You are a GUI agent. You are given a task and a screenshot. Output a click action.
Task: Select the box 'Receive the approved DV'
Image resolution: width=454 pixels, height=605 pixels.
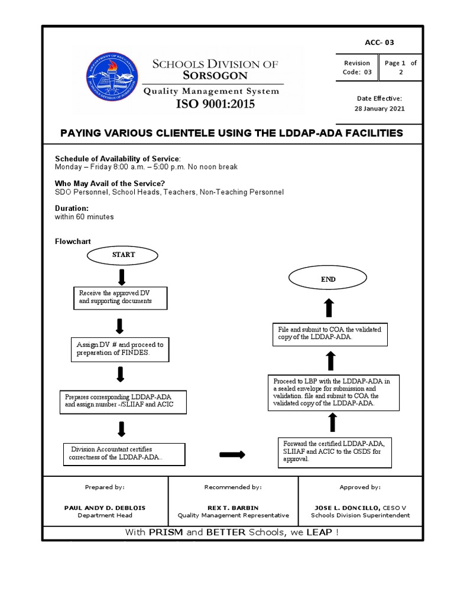[120, 297]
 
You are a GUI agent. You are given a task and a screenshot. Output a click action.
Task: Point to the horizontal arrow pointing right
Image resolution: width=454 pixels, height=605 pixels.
[232, 454]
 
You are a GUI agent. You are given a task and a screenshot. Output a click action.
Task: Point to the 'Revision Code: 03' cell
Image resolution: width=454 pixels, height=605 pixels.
[356, 67]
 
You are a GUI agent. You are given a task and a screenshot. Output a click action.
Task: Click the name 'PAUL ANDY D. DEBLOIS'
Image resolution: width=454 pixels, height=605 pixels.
[105, 507]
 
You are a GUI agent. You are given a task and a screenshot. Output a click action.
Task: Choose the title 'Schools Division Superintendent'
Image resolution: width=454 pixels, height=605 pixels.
[359, 515]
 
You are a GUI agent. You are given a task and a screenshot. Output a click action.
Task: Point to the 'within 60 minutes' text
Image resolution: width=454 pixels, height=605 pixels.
[85, 217]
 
